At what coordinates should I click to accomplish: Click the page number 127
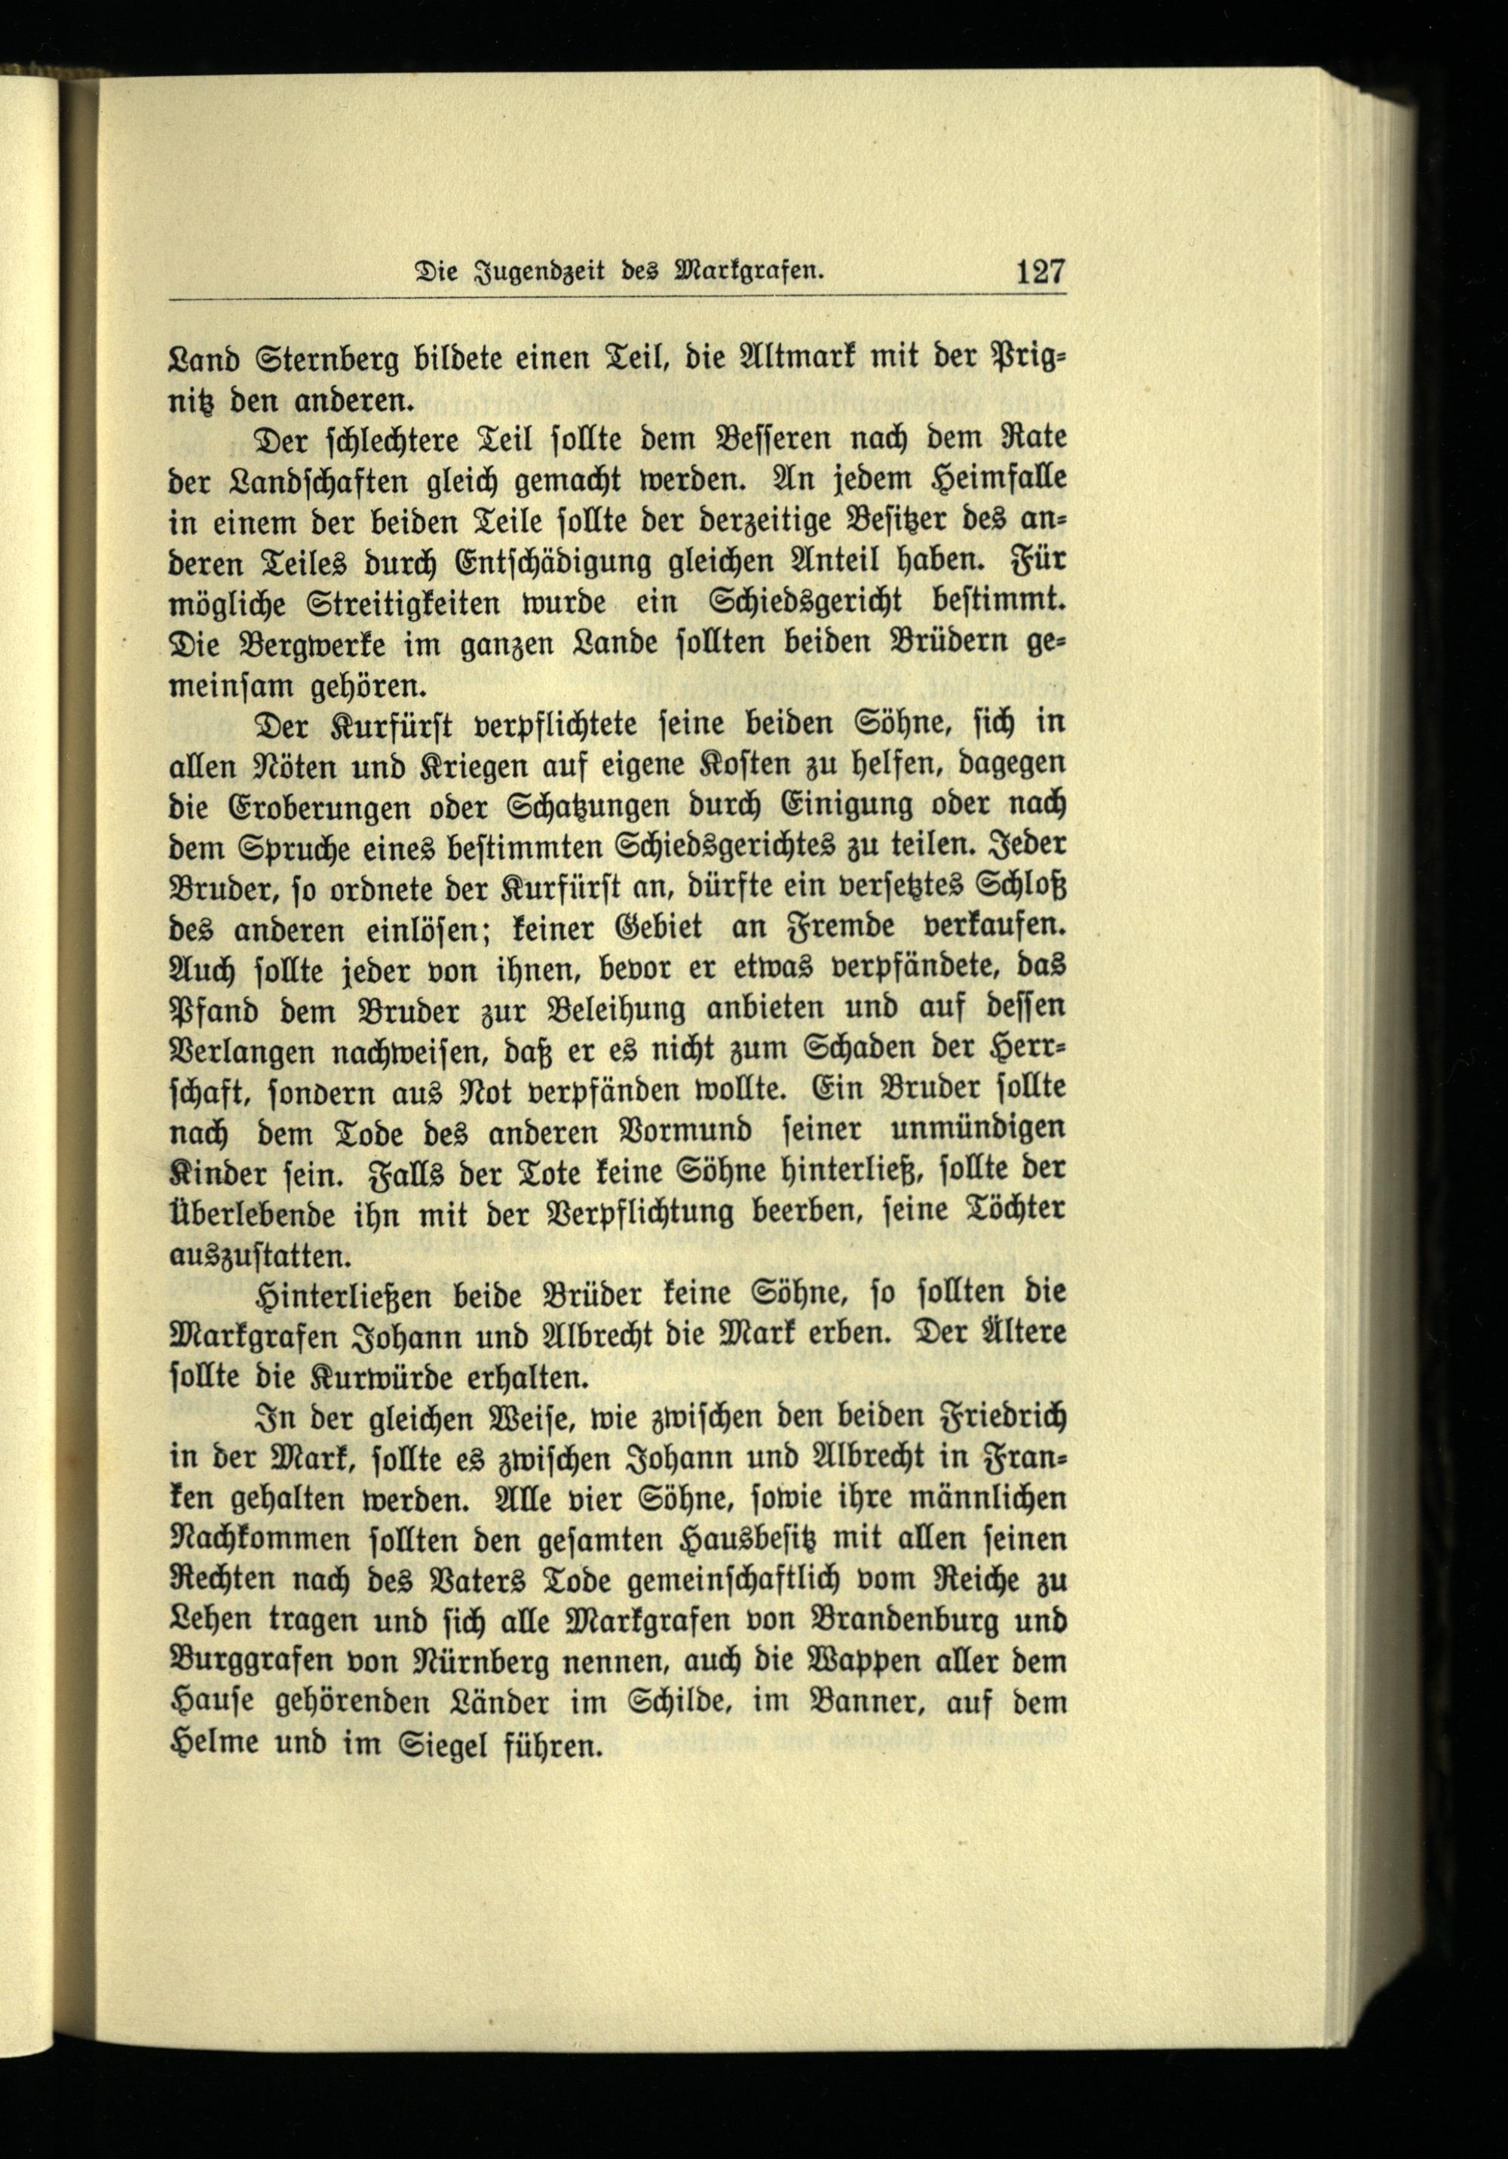(x=1039, y=272)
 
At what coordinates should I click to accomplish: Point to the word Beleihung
(x=627, y=1010)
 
